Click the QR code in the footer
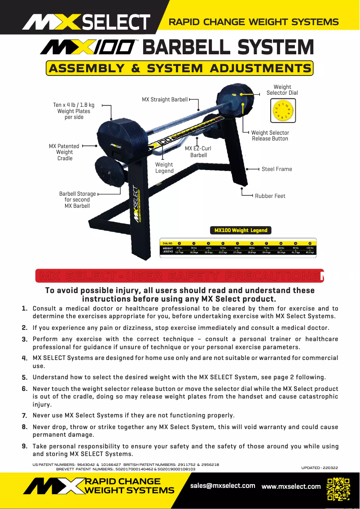point(338,489)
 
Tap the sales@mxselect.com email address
point(223,486)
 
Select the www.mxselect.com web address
point(291,486)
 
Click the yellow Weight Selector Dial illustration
point(282,110)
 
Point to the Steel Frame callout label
point(277,169)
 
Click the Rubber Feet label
point(270,196)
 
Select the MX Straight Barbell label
point(165,100)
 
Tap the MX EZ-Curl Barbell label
point(198,152)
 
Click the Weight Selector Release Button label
point(270,136)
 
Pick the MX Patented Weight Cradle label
point(64,152)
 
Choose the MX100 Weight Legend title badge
point(241,230)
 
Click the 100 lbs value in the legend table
point(309,247)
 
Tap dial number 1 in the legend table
point(179,243)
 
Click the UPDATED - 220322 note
point(320,468)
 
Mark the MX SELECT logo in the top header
point(87,22)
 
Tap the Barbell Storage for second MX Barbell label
point(77,200)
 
